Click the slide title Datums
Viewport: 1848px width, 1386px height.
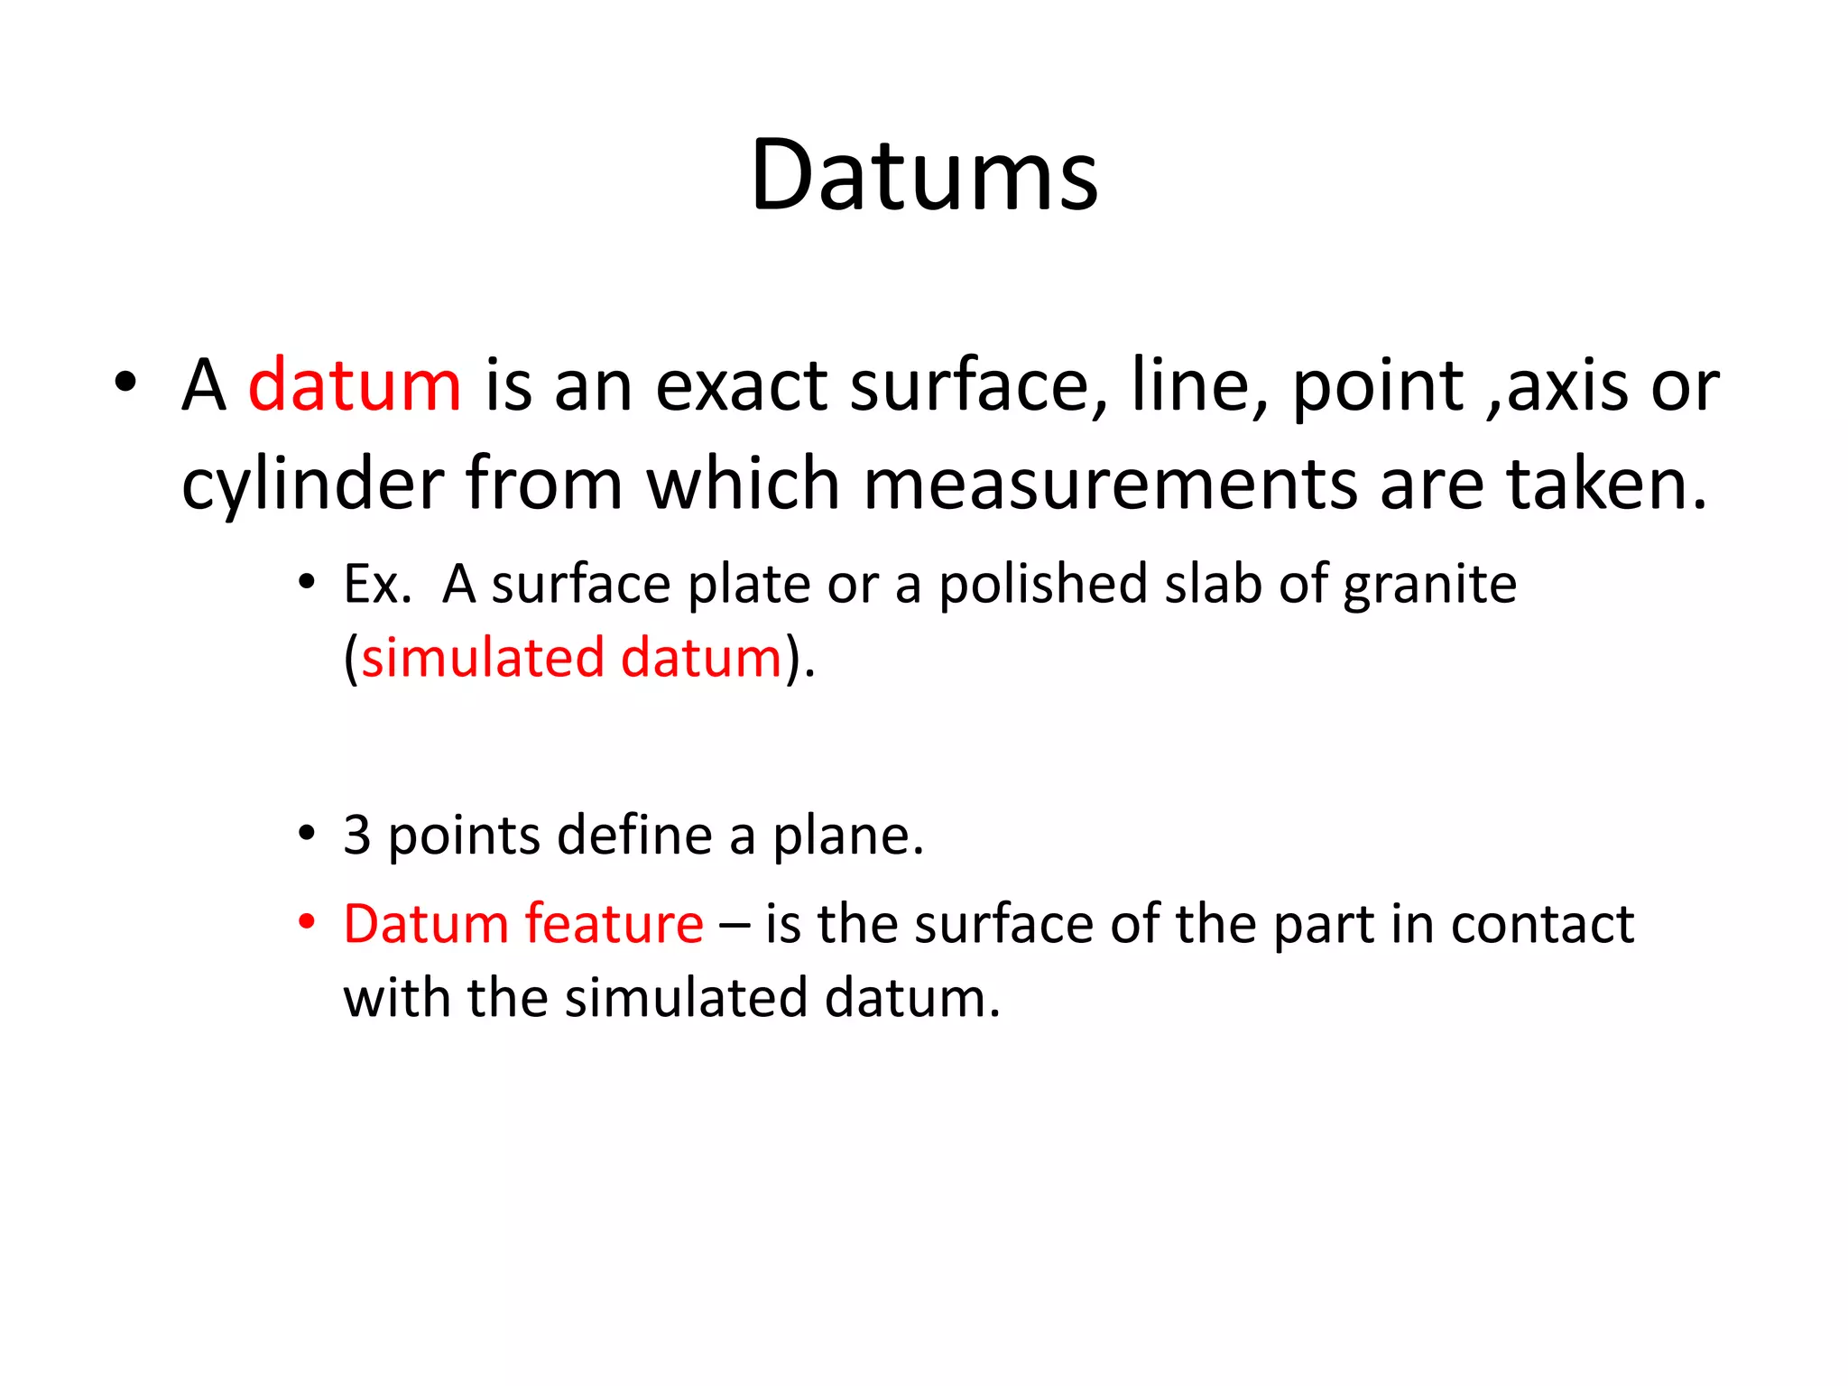click(924, 175)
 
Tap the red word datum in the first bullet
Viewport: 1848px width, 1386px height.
click(354, 385)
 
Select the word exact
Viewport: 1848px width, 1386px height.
click(741, 386)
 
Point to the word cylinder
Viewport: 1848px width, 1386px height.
click(312, 485)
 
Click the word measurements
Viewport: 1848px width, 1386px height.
click(1110, 485)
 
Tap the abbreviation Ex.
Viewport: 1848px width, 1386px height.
click(377, 584)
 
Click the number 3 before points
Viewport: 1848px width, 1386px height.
click(357, 835)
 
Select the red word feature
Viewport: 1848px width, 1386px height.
click(614, 924)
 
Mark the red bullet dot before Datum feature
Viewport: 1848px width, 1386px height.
click(307, 922)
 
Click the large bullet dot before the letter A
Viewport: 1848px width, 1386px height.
click(125, 382)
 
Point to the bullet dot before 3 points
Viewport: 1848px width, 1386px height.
click(307, 833)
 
